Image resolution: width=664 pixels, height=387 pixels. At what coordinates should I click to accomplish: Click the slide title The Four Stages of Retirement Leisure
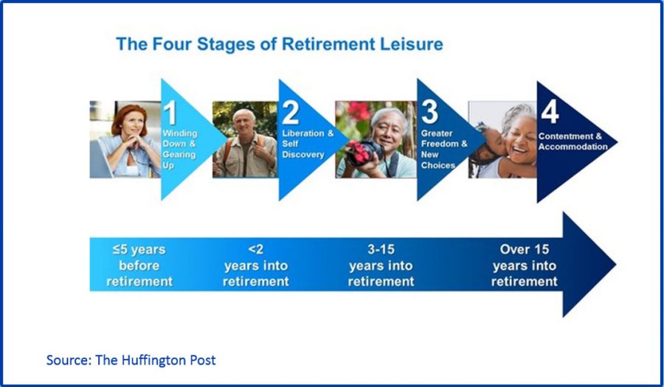[280, 44]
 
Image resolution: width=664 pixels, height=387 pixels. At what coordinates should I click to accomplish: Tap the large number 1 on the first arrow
[170, 113]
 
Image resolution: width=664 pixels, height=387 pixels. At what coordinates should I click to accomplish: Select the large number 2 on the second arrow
[291, 113]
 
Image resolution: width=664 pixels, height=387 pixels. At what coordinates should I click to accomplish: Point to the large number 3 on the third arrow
[429, 112]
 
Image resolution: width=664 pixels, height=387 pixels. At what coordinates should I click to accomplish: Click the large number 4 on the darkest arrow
[550, 112]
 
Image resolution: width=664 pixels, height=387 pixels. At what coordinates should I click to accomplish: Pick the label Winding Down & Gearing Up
[179, 150]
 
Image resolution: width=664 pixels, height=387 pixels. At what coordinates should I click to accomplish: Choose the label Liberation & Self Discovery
[308, 144]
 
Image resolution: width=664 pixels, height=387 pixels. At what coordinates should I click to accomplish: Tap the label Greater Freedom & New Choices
[444, 150]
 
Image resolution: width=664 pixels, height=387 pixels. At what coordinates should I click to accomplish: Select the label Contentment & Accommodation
[573, 142]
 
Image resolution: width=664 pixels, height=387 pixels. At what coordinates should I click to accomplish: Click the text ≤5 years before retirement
[139, 265]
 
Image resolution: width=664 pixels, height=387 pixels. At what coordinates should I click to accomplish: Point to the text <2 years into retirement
[256, 265]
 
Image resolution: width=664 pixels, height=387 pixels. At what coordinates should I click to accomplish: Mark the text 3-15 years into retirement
[381, 265]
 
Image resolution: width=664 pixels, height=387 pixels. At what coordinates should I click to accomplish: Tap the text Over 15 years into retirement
[525, 265]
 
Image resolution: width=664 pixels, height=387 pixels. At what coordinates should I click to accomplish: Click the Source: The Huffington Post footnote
[131, 360]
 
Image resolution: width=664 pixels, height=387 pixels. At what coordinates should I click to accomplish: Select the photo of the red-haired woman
[125, 139]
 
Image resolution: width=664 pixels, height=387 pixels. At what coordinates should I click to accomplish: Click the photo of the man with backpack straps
[245, 139]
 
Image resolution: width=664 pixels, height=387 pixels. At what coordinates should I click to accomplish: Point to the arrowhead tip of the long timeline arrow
[616, 265]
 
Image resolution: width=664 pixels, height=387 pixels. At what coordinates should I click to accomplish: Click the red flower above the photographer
[359, 110]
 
